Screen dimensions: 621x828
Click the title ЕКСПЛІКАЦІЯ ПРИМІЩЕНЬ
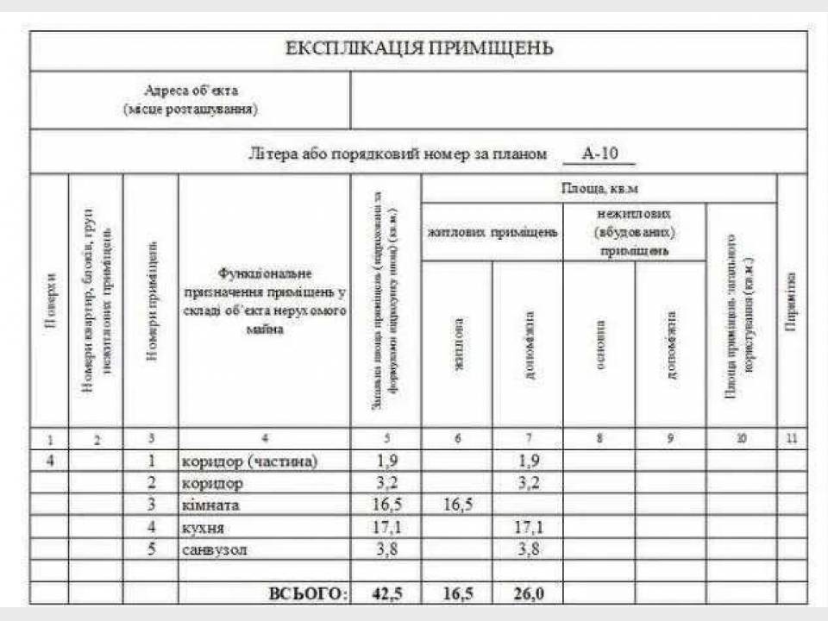click(419, 48)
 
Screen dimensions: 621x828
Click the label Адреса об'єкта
click(191, 90)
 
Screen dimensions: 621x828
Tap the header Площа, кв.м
click(599, 188)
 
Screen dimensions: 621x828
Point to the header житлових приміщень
click(492, 232)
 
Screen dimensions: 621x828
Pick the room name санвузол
click(215, 549)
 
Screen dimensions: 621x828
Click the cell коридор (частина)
click(250, 461)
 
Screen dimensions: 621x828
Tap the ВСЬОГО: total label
click(308, 593)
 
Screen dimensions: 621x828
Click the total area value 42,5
click(386, 593)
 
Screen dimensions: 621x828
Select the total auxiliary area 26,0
click(528, 593)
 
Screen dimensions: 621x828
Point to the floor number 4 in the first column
click(51, 461)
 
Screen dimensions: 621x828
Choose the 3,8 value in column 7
click(528, 549)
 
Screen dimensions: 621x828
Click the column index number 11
click(792, 439)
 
